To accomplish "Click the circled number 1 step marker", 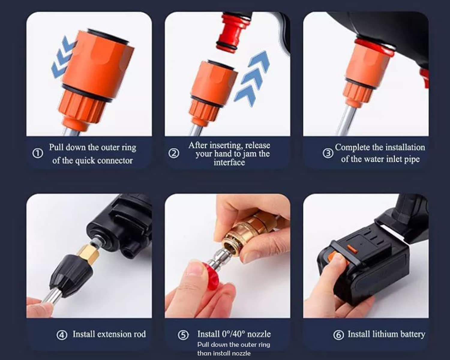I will (37, 154).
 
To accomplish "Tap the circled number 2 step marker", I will (174, 154).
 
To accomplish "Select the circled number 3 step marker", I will (328, 153).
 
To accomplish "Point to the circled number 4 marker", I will (62, 335).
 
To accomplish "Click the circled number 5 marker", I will (183, 335).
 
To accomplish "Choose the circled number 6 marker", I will (338, 335).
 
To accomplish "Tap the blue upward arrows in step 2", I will (253, 78).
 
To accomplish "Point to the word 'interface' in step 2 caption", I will (229, 163).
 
